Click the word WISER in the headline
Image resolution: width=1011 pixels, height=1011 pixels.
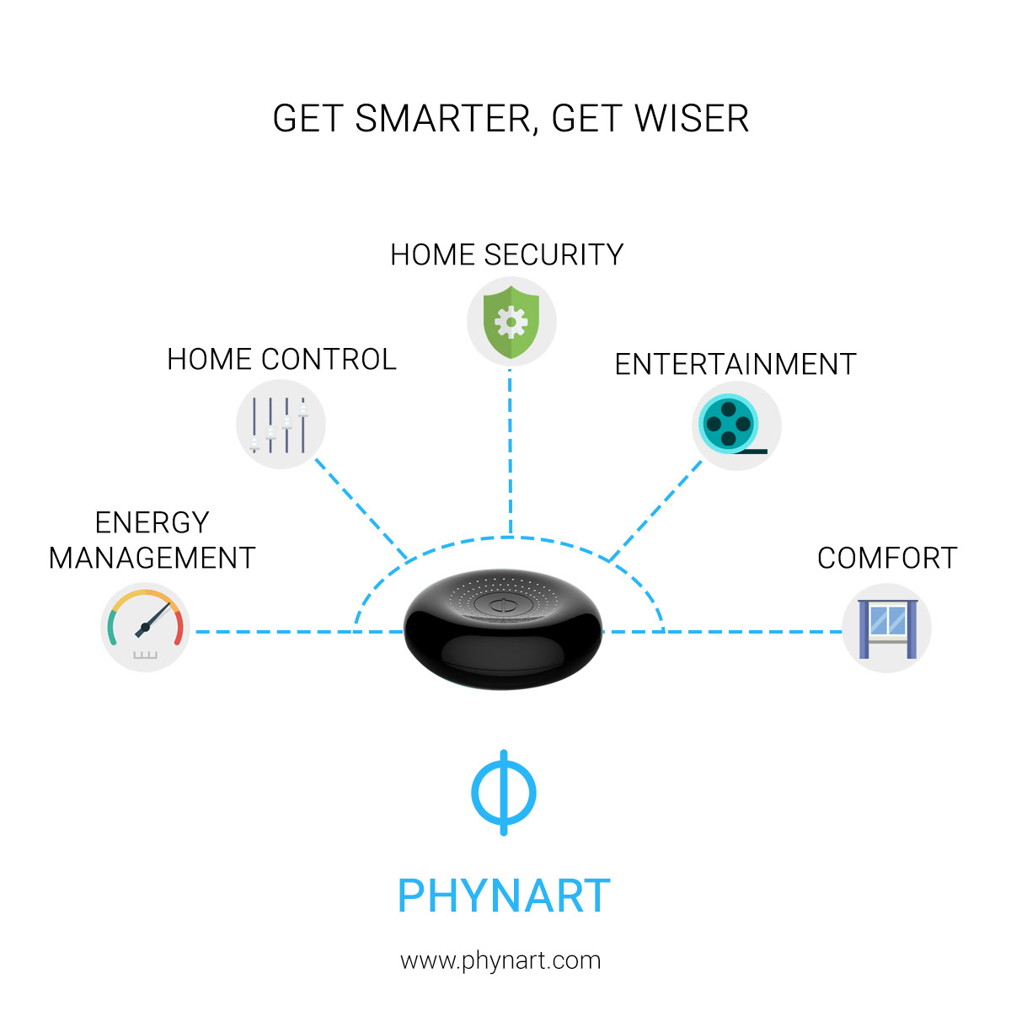(x=692, y=119)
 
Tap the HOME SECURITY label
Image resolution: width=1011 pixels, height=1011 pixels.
(x=506, y=254)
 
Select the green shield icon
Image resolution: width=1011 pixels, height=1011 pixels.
(x=511, y=322)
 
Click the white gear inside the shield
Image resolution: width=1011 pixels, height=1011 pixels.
(x=511, y=322)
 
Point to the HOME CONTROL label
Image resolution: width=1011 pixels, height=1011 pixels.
(x=281, y=360)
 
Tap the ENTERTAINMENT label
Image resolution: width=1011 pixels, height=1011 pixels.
(x=736, y=364)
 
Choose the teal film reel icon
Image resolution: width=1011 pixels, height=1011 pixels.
(x=731, y=424)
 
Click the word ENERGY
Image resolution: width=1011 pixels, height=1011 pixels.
(x=152, y=522)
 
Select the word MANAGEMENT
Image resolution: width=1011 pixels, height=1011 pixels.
(x=152, y=558)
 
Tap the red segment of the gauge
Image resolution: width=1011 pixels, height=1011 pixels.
(x=179, y=627)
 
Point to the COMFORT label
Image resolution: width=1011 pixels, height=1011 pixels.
(x=887, y=558)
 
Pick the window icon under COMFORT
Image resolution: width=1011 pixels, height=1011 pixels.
(x=887, y=629)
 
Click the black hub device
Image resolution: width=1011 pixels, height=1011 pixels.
(x=503, y=629)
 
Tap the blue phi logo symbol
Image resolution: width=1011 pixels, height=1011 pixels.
(x=504, y=792)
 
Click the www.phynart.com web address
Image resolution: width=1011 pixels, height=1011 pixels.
(x=500, y=961)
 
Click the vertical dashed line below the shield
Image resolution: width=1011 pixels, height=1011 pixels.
(x=510, y=452)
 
